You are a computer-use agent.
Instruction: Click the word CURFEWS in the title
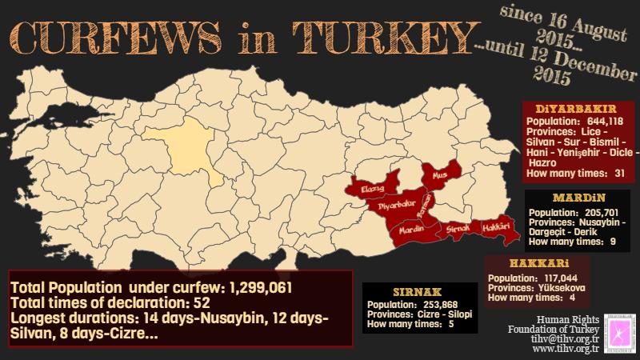point(119,37)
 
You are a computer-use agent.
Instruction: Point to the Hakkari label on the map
point(495,227)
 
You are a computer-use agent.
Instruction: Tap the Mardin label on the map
point(410,230)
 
